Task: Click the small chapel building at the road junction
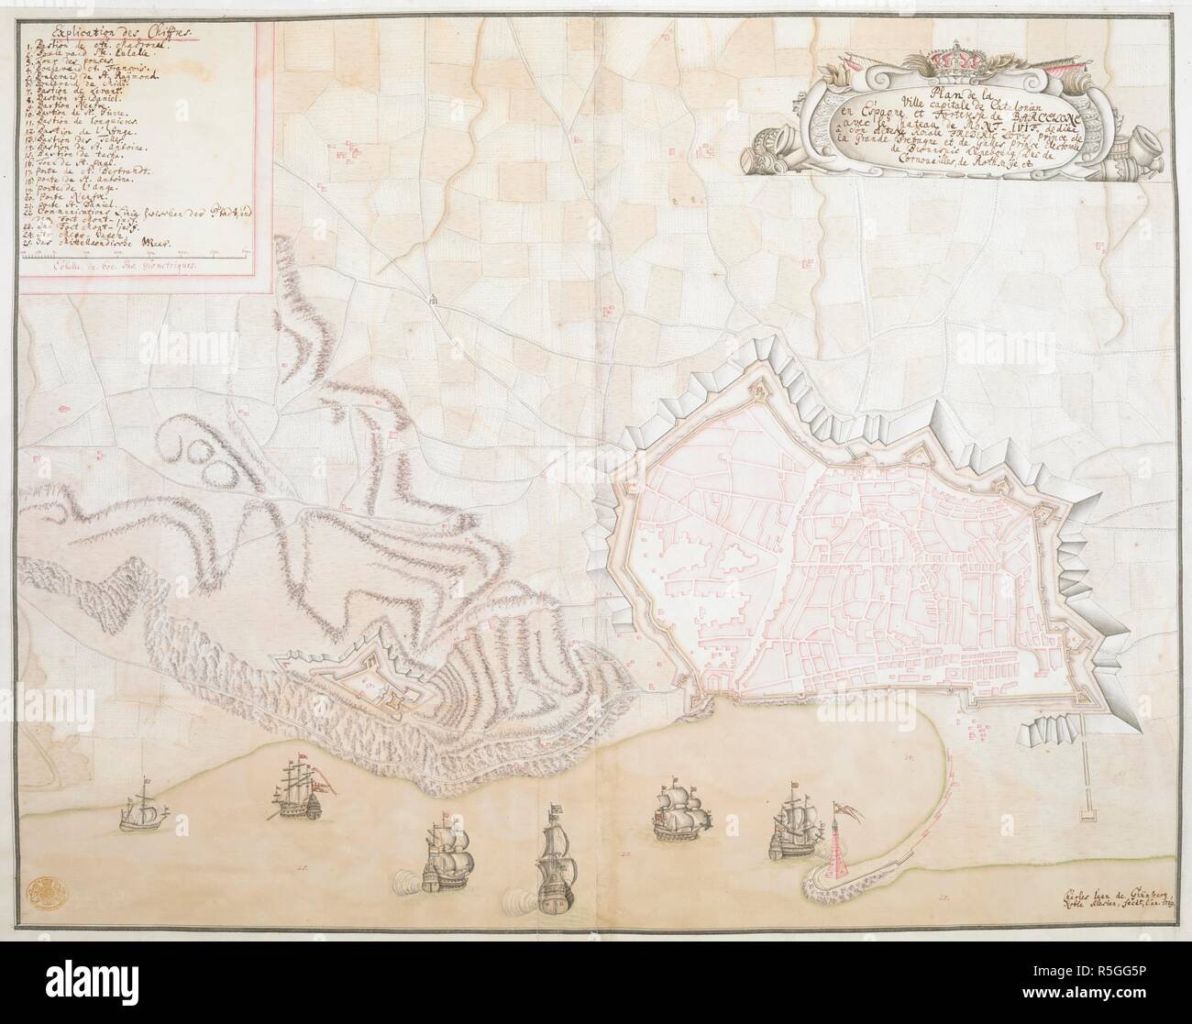(x=431, y=297)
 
